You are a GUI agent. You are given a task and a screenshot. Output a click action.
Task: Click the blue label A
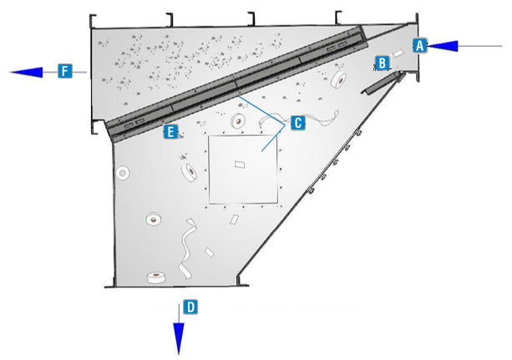coord(419,45)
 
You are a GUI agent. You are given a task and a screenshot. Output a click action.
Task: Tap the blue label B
coord(382,63)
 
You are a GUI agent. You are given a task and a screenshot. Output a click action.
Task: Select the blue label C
coord(298,123)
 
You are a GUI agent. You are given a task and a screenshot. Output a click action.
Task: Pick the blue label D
coord(190,307)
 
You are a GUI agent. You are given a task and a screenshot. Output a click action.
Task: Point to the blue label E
coord(170,132)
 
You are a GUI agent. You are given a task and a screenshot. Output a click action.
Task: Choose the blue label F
coord(65,71)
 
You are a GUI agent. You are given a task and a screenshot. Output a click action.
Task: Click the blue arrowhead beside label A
coord(442,46)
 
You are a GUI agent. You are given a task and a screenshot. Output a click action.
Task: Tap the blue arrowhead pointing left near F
coord(27,72)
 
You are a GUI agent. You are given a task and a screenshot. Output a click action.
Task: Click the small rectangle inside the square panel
coord(240,164)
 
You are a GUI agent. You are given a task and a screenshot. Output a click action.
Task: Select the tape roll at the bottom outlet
coord(155,277)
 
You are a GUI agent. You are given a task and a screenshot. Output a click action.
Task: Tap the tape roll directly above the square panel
coord(238,121)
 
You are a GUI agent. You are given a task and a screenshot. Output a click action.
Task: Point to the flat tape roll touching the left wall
coord(123,174)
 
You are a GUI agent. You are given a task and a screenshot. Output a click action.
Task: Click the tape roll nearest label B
coord(338,80)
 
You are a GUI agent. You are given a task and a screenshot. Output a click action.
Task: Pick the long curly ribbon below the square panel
coord(187,249)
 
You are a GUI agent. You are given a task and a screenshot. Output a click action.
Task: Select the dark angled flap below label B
coord(383,84)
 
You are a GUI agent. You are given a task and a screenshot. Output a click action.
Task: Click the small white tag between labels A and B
coord(398,53)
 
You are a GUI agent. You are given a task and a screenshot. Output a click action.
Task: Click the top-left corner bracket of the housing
coord(92,19)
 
